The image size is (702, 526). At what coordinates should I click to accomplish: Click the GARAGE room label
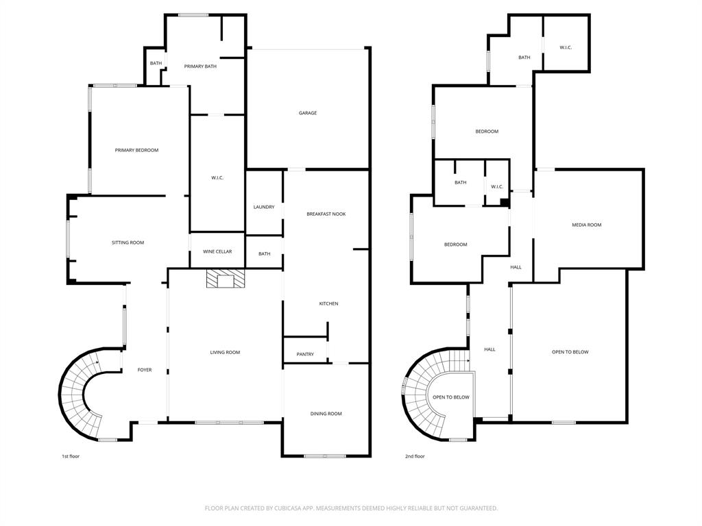308,113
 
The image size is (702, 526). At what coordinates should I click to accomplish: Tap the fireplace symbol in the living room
226,280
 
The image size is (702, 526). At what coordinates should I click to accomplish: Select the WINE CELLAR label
217,251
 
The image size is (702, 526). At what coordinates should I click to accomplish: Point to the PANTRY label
305,354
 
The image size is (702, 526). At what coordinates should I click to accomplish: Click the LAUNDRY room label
264,207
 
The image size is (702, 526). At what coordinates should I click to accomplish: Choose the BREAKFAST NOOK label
326,214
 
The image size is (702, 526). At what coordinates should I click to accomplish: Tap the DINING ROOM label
326,414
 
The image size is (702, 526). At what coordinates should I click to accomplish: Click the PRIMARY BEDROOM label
136,150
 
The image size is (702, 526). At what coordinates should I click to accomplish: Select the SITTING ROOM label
128,242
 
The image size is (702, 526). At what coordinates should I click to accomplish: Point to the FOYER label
145,370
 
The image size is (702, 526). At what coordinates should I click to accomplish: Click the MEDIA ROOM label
587,225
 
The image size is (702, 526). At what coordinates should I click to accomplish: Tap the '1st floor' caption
71,456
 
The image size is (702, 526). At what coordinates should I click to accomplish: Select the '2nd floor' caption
415,456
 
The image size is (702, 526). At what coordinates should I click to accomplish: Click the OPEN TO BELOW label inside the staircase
451,397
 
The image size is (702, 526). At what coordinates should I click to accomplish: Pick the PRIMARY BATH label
200,66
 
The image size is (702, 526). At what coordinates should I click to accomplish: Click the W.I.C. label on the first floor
217,178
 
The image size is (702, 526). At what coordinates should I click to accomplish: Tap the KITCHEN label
328,303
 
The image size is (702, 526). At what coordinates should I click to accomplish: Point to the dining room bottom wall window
325,456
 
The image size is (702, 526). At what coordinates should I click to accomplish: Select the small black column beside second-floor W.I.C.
505,202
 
